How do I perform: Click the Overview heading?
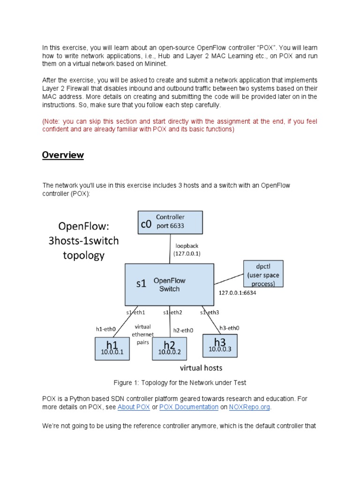coord(63,155)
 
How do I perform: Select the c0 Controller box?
coord(170,222)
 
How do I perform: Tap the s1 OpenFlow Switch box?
coord(169,284)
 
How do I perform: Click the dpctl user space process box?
coord(263,274)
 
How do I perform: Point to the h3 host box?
coord(220,345)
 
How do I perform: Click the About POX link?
coord(134,407)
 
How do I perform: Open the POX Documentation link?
coord(189,407)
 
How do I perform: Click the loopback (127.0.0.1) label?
coord(187,249)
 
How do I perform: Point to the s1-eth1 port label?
coord(135,312)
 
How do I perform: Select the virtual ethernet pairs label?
coord(143,335)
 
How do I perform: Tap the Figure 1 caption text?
coord(180,382)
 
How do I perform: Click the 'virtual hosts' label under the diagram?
coord(201,367)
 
